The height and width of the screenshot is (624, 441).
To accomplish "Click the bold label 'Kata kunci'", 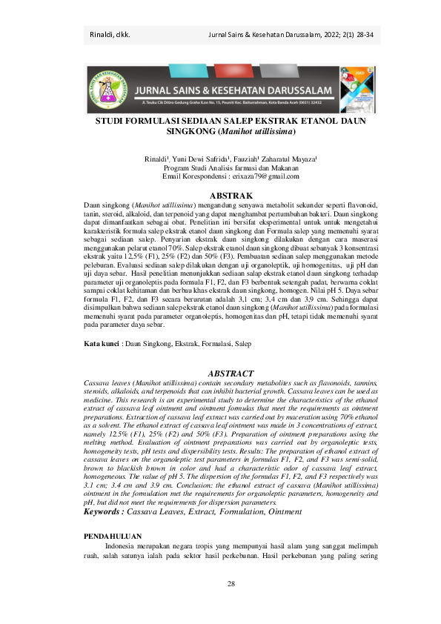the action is point(100,344).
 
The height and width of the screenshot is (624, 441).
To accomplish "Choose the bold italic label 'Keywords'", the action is point(102,511).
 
